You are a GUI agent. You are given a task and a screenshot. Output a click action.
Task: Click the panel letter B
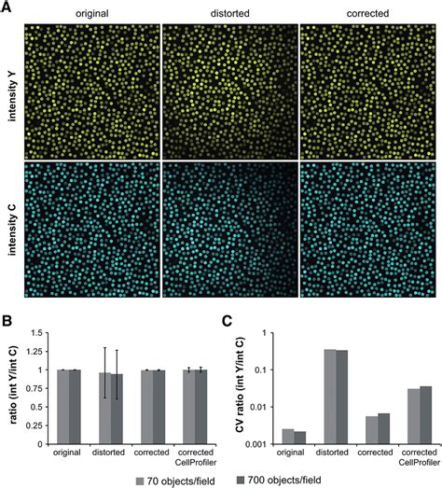7,318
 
